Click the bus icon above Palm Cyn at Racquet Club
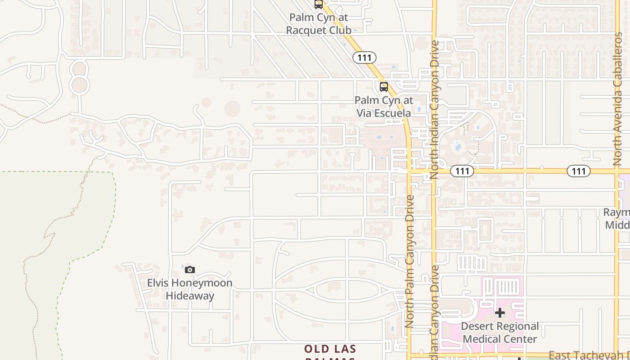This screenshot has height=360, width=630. [319, 4]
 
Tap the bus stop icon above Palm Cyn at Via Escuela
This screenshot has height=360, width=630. [383, 86]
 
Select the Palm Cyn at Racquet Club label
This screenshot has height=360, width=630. [319, 24]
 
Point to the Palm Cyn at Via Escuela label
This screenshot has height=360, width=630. [384, 107]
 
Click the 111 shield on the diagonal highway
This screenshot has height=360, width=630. [364, 58]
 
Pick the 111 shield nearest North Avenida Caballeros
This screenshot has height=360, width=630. [578, 171]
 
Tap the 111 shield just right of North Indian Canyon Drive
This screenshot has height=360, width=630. [462, 171]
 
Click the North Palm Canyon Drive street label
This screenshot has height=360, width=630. [409, 261]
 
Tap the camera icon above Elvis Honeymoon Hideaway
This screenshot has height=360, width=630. [190, 270]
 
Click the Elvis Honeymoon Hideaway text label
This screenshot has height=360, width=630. [190, 289]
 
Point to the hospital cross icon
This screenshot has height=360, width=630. [499, 313]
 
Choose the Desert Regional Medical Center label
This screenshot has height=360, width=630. [499, 333]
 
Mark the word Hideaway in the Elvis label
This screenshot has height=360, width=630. [190, 296]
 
